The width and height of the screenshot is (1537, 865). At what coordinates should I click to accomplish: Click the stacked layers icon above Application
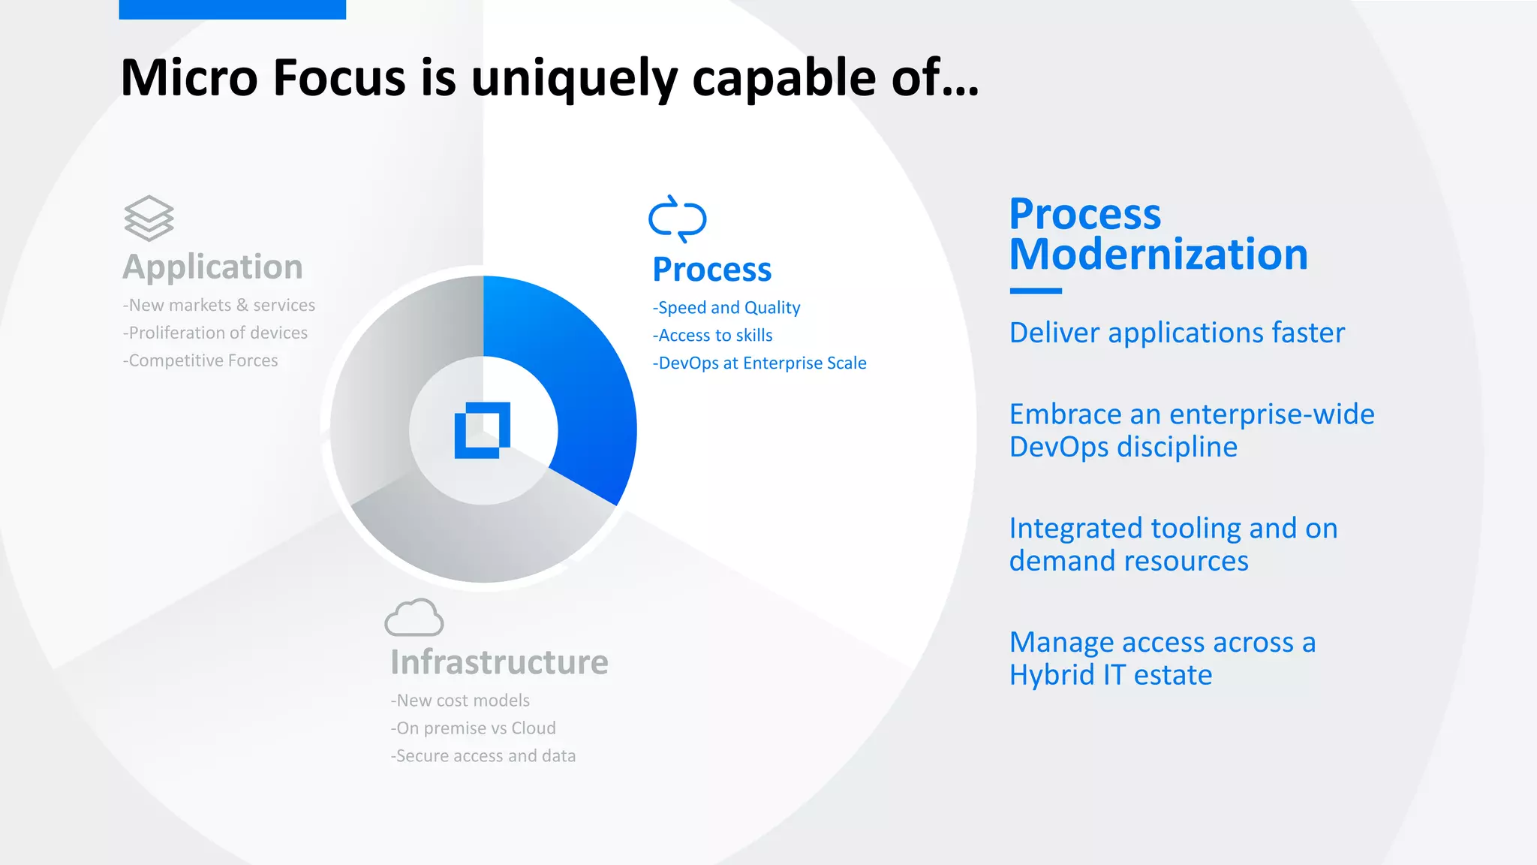tap(149, 219)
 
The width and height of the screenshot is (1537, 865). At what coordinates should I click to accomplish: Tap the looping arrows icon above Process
tap(677, 219)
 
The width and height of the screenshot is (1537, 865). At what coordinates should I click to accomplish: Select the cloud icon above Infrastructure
tap(414, 618)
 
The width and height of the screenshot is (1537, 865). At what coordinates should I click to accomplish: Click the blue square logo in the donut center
tap(483, 430)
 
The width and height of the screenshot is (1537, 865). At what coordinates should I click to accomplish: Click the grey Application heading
tap(212, 267)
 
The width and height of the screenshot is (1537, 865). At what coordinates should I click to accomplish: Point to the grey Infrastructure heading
tap(499, 662)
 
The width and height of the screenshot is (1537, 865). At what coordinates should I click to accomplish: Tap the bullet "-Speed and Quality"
tap(726, 308)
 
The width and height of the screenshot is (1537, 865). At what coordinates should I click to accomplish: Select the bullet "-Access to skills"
tap(713, 336)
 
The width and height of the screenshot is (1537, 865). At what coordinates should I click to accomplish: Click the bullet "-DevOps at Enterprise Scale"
tap(759, 363)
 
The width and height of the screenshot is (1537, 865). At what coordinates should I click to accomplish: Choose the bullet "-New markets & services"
tap(219, 306)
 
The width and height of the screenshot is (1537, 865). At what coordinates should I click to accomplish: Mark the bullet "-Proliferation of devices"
tap(215, 333)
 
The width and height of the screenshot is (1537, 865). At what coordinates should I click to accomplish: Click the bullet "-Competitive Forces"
tap(200, 361)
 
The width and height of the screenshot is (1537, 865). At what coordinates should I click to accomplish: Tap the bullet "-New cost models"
tap(460, 701)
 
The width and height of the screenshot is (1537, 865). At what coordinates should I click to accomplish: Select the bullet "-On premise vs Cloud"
tap(474, 728)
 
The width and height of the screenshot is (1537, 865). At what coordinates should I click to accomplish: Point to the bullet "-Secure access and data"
tap(483, 756)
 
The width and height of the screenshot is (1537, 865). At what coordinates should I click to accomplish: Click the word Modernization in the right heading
tap(1158, 255)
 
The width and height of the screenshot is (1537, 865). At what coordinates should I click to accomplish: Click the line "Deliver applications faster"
tap(1177, 333)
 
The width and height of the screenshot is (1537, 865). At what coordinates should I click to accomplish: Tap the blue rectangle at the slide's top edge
tap(232, 9)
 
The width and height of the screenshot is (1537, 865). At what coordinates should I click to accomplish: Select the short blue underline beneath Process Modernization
tap(1036, 291)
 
